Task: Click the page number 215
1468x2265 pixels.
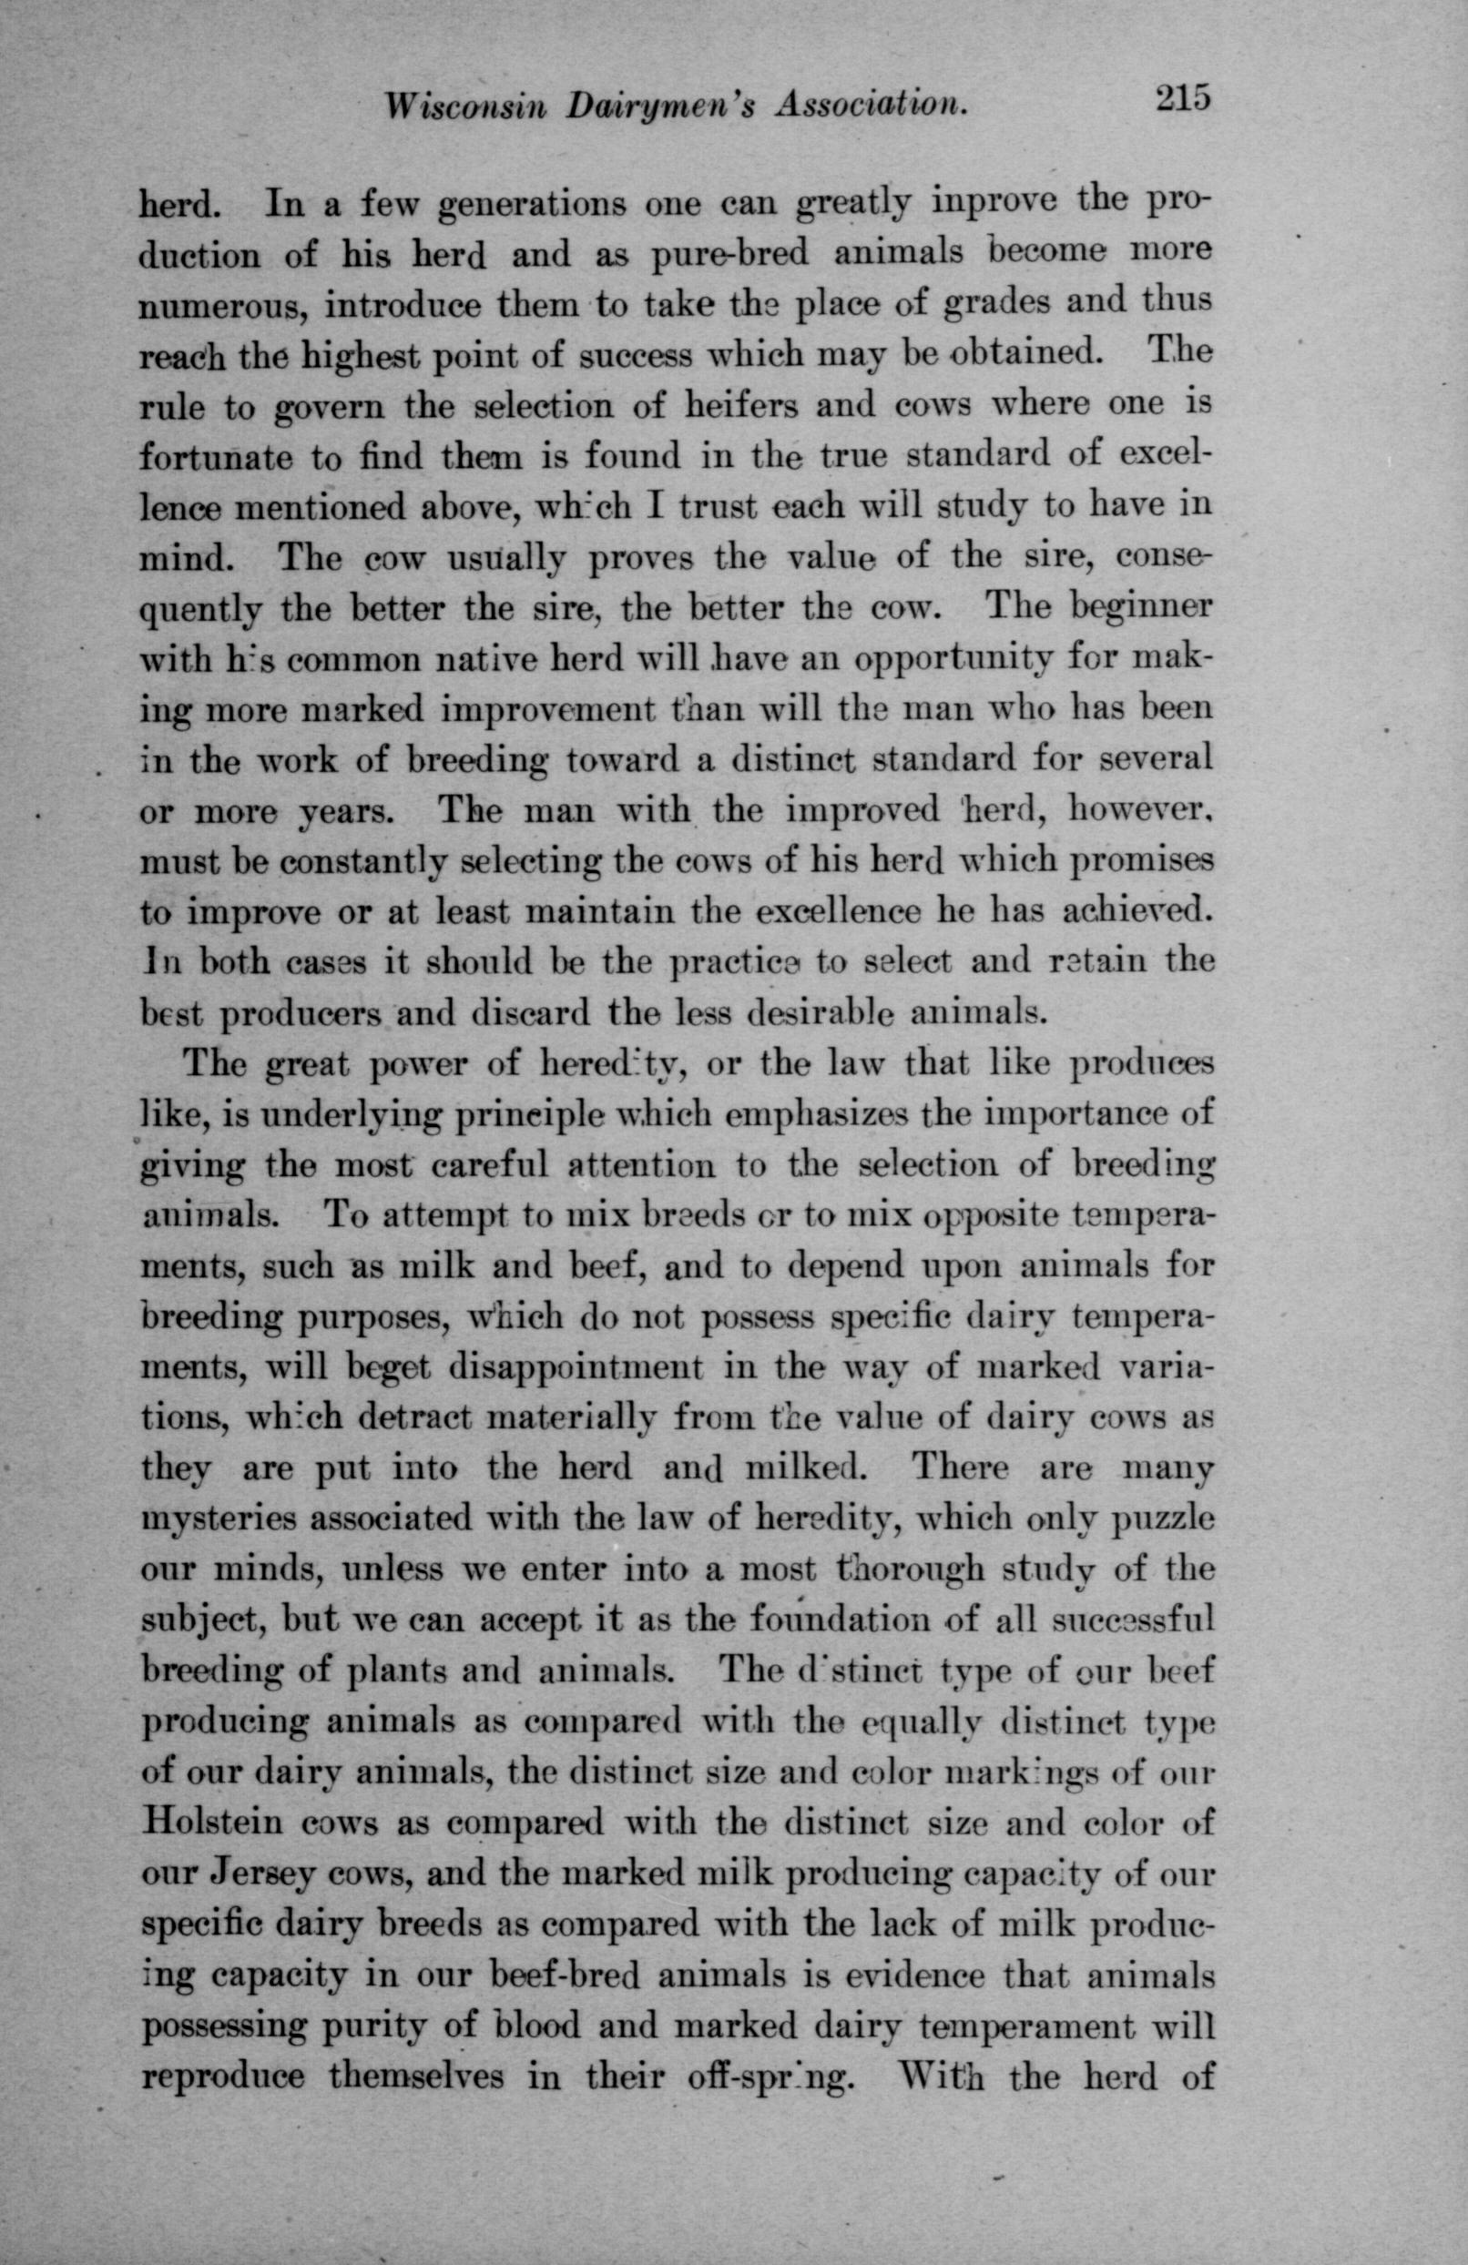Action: click(x=1181, y=101)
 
